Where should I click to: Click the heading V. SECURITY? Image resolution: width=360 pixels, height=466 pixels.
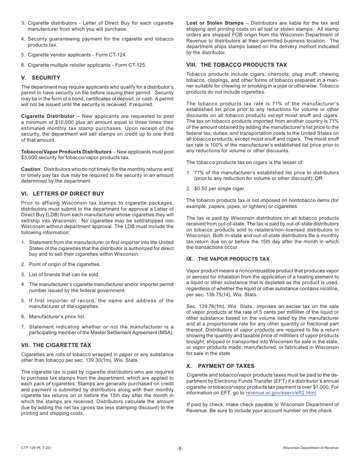pos(41,78)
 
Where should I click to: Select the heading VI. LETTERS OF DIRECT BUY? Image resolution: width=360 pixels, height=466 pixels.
pos(63,193)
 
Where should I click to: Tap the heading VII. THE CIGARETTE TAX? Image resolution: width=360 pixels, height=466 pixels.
pos(56,345)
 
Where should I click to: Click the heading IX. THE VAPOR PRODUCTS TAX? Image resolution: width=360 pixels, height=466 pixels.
pos(228,259)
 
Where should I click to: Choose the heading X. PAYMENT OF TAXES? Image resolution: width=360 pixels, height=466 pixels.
pos(220,366)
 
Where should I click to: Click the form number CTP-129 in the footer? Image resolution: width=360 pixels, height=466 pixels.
pos(36,448)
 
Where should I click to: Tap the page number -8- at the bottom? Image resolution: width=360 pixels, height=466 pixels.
pos(180,448)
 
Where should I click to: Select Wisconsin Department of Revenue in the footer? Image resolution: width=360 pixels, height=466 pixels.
pos(311,448)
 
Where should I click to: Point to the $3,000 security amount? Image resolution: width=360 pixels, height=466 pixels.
pos(31,157)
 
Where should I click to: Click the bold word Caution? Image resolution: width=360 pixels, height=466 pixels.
pos(30,169)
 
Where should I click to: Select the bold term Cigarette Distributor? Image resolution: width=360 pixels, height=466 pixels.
pos(48,116)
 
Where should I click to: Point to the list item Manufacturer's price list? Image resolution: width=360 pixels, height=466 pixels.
pos(57,317)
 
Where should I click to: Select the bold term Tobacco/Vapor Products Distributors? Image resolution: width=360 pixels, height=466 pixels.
pos(66,152)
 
